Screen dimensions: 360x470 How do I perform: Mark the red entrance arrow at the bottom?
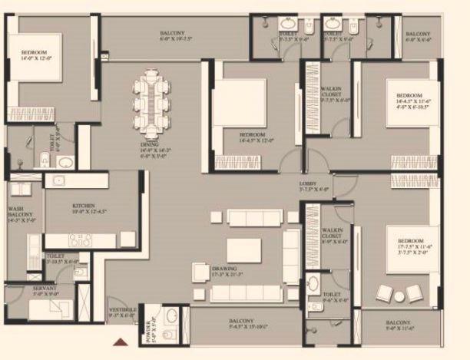(x=119, y=343)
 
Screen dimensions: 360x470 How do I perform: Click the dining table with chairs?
(x=150, y=101)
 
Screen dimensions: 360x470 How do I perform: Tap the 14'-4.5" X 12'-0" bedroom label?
(x=256, y=137)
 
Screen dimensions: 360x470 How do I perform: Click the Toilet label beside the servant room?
(x=55, y=258)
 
